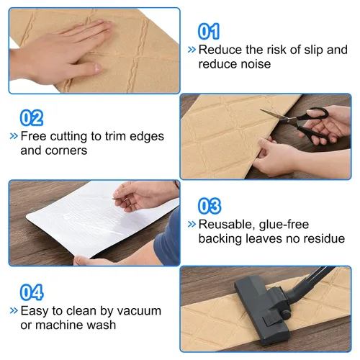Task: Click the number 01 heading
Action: [209, 31]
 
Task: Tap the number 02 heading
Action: [32, 117]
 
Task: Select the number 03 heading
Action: [210, 206]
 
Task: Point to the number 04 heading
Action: [32, 292]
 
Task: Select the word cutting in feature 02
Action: [68, 137]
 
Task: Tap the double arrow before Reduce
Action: [192, 50]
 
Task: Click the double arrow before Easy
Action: [14, 310]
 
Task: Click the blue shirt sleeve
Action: [168, 236]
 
